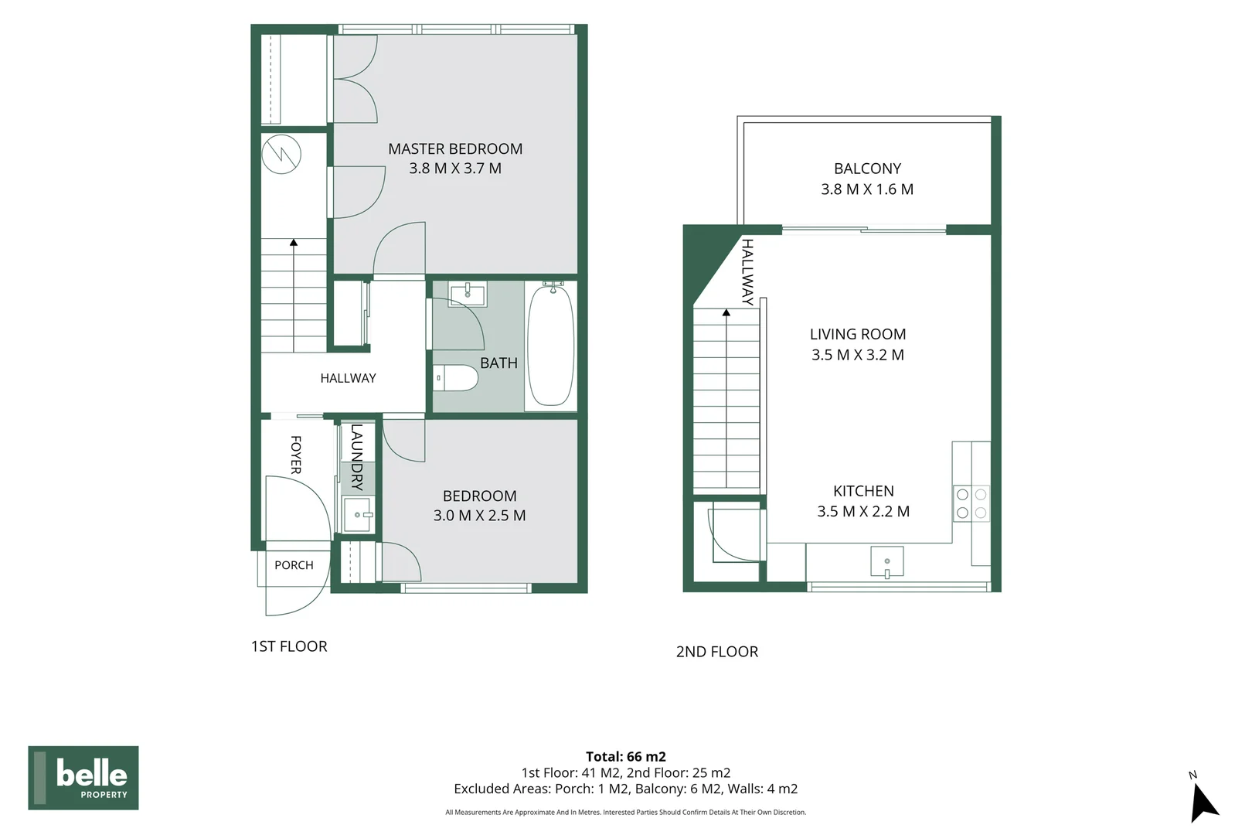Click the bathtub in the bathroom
pyautogui.click(x=551, y=346)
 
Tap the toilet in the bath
pyautogui.click(x=455, y=378)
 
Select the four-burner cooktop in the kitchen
pyautogui.click(x=971, y=503)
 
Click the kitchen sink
pyautogui.click(x=887, y=561)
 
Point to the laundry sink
pyautogui.click(x=358, y=515)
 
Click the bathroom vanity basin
pyautogui.click(x=468, y=294)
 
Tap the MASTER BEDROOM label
pyautogui.click(x=455, y=148)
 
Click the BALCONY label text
pyautogui.click(x=867, y=169)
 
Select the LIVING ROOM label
pyautogui.click(x=858, y=334)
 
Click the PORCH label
pyautogui.click(x=294, y=565)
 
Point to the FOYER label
pyautogui.click(x=296, y=455)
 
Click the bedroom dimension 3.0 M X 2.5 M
pyautogui.click(x=480, y=515)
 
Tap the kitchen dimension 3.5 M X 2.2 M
pyautogui.click(x=863, y=511)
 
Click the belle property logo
pyautogui.click(x=83, y=777)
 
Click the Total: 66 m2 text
pyautogui.click(x=626, y=757)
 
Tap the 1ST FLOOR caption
pyautogui.click(x=289, y=646)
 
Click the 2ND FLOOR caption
pyautogui.click(x=717, y=652)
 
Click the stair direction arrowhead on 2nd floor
pyautogui.click(x=726, y=312)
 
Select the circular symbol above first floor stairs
pyautogui.click(x=281, y=154)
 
